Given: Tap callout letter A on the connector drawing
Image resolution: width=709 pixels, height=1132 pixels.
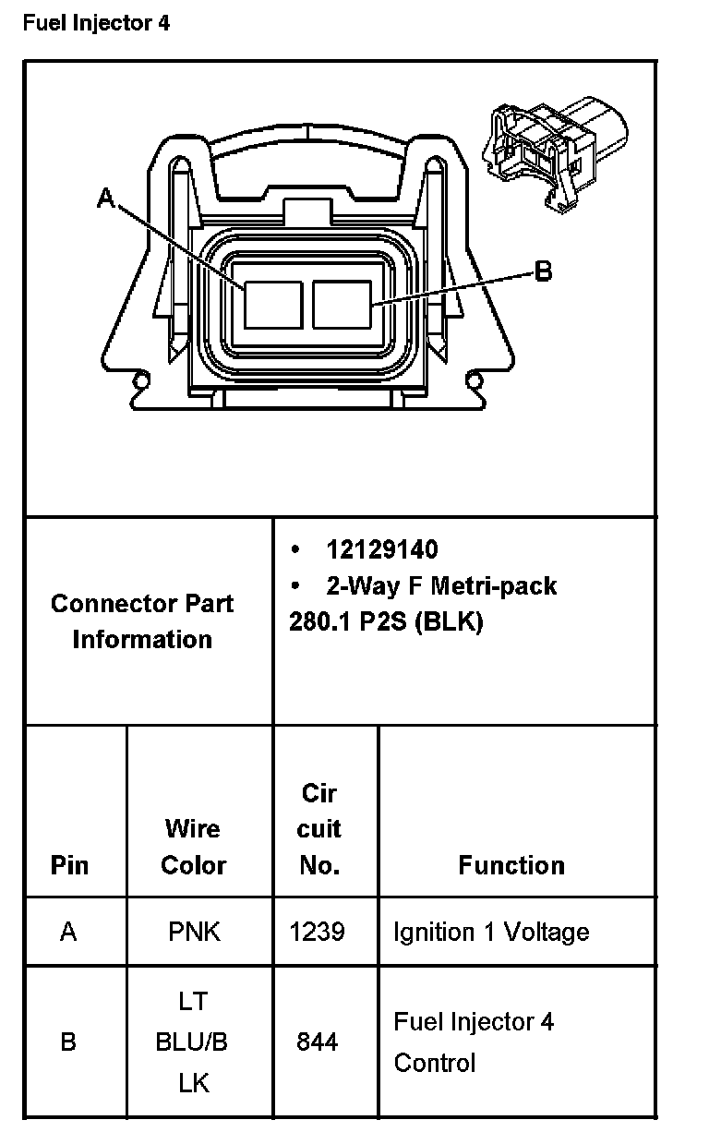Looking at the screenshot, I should point(107,198).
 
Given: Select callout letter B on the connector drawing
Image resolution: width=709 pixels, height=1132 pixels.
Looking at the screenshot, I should point(544,271).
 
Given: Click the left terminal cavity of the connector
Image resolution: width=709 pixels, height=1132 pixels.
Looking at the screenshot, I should point(273,305).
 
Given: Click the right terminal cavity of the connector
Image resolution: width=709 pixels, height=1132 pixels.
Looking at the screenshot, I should point(342,305).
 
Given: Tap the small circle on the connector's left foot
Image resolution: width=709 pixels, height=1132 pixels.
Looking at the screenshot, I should point(141,380).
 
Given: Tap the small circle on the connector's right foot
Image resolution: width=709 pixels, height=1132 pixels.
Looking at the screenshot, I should point(475,380).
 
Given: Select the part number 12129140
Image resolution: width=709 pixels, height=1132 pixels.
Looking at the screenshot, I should point(381,550).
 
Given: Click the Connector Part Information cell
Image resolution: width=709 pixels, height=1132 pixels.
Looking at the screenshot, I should point(142,621).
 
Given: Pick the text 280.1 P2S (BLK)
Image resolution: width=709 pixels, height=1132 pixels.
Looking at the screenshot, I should point(386,621).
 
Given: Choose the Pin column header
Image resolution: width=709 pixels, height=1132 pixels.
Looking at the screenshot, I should point(70,865).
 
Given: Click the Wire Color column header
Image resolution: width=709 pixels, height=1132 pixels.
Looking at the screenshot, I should point(194,847).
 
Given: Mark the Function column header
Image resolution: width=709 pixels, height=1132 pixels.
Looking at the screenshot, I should point(511,865).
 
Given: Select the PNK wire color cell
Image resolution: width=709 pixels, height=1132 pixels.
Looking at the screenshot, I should point(195,932).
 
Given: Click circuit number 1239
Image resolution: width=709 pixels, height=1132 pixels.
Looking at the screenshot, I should point(317,932).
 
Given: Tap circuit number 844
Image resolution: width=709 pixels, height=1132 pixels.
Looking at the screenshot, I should point(317,1042).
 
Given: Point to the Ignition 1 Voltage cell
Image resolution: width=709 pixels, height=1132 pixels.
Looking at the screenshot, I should point(491,932).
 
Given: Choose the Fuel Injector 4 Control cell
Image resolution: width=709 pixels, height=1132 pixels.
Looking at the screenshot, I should point(474,1042).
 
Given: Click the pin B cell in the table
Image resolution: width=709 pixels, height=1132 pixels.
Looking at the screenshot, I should point(68,1042).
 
